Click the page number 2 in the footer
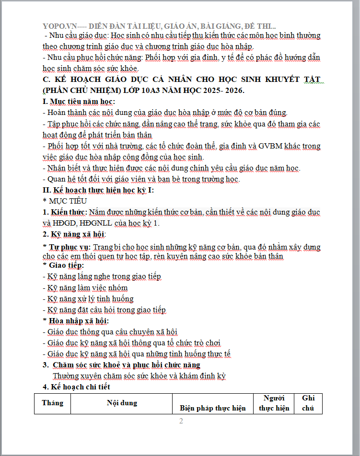point(181,422)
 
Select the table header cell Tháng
point(52,403)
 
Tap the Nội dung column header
point(122,403)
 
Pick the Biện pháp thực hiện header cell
point(213,408)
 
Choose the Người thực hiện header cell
point(274,403)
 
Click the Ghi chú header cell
point(308,403)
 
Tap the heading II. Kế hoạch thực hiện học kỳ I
point(98,190)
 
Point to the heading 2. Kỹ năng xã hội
point(74,234)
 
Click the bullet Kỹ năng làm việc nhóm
point(87,287)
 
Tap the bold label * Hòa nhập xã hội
point(76,320)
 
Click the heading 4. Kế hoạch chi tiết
point(76,387)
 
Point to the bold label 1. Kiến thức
point(65,212)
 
